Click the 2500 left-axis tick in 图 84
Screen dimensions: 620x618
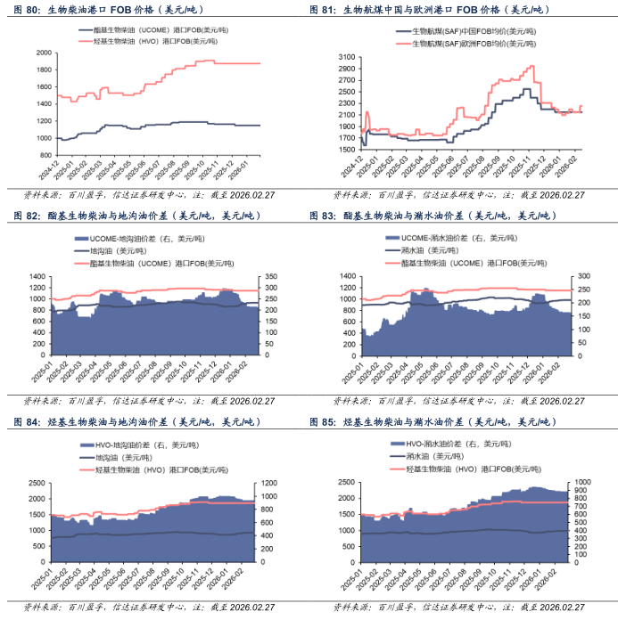coord(37,484)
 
